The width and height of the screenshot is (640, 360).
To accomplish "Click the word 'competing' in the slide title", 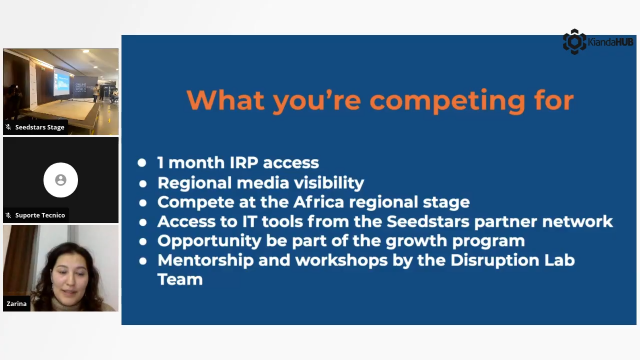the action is pyautogui.click(x=447, y=101).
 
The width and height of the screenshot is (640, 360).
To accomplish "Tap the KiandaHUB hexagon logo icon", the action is pyautogui.click(x=574, y=42).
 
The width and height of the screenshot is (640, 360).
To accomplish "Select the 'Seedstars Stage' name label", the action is pyautogui.click(x=40, y=127).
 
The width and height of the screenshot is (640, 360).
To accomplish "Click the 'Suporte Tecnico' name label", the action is pyautogui.click(x=40, y=215).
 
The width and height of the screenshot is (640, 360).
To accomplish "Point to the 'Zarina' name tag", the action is pyautogui.click(x=17, y=304).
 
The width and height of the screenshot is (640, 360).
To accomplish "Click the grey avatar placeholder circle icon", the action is pyautogui.click(x=61, y=180).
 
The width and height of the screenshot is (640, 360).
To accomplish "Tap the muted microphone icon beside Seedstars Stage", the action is pyautogui.click(x=9, y=127).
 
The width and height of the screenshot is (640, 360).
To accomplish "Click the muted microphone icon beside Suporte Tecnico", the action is pyautogui.click(x=9, y=215).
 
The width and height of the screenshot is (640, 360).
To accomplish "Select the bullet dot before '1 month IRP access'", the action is pyautogui.click(x=142, y=163).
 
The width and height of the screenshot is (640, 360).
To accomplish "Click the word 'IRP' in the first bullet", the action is pyautogui.click(x=244, y=163).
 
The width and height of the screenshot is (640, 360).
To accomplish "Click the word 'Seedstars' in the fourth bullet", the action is pyautogui.click(x=428, y=221).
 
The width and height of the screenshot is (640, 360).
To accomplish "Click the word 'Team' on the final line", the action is pyautogui.click(x=180, y=279).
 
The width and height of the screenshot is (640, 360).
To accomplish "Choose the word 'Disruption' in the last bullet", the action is pyautogui.click(x=495, y=260).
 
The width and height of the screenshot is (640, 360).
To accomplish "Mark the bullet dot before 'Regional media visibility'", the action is pyautogui.click(x=143, y=183).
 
